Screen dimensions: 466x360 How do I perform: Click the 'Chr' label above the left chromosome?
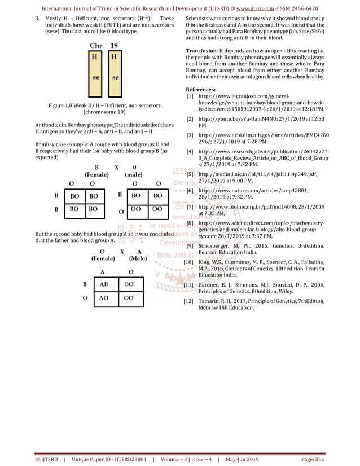(96, 45)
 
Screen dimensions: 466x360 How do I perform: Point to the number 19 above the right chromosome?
(114, 45)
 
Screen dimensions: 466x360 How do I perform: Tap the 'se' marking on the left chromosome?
(96, 77)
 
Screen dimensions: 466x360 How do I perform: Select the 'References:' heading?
(200, 90)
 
